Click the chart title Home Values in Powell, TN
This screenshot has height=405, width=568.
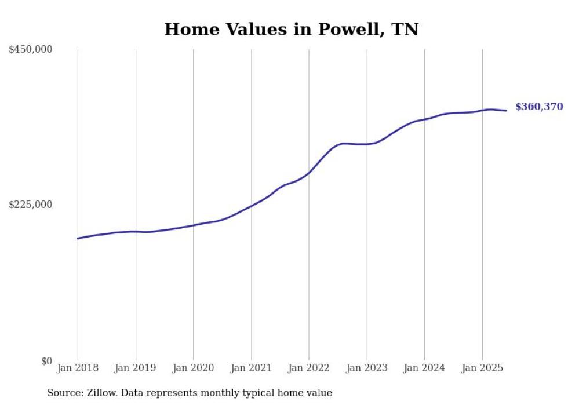point(291,29)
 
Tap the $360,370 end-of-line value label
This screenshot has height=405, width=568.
point(538,107)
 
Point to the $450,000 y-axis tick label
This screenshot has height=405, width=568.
point(31,50)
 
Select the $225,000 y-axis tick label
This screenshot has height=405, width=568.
point(31,205)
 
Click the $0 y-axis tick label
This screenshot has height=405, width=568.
point(46,361)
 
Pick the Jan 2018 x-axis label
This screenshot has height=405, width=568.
point(78,368)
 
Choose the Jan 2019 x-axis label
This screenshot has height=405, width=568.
point(136,368)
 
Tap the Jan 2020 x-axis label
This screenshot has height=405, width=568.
point(193,368)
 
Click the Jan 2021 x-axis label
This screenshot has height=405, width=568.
point(251,368)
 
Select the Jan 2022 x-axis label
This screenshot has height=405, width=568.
point(309,368)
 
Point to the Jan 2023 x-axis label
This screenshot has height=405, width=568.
point(366,368)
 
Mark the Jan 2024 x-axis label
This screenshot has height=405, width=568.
point(424,368)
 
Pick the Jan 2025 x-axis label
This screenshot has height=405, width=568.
point(482,368)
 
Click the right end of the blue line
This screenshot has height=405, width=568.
point(506,111)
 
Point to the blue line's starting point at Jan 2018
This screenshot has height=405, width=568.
point(78,238)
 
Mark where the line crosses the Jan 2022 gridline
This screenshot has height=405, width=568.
point(309,172)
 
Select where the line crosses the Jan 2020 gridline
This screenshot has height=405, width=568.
point(193,225)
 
